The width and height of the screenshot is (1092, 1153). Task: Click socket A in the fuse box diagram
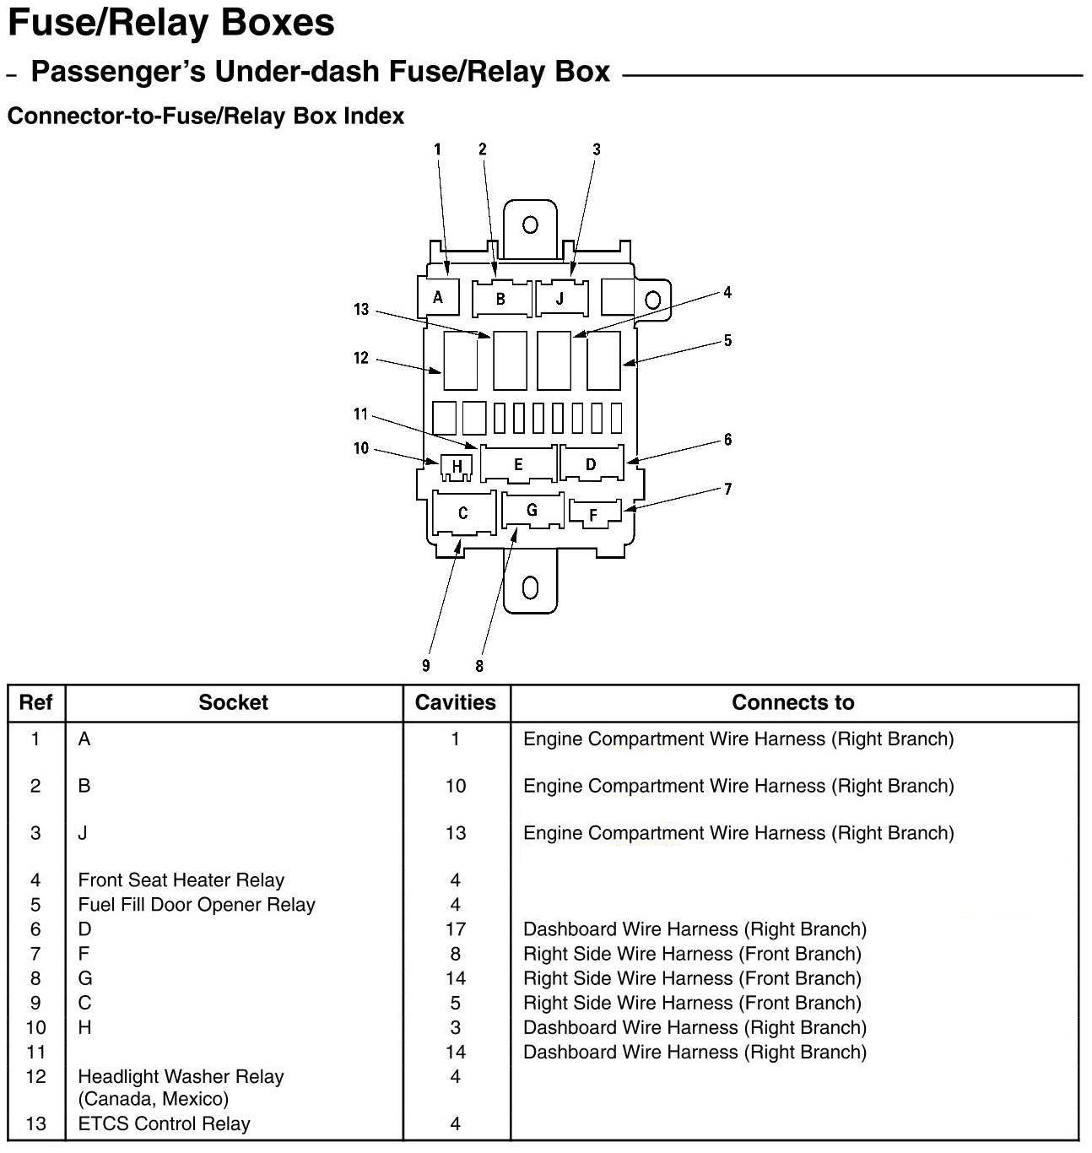(x=438, y=297)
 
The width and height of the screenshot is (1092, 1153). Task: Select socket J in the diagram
(x=561, y=299)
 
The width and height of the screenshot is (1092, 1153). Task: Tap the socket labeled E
(x=518, y=464)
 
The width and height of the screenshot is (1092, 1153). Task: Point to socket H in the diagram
(x=457, y=466)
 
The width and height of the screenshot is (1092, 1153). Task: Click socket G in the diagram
(x=532, y=510)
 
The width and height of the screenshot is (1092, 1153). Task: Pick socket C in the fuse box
(x=462, y=513)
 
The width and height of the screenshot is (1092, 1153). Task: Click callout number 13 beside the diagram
(x=361, y=310)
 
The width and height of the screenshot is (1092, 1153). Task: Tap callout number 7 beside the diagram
(x=727, y=489)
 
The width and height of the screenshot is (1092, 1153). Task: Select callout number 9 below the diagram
(x=426, y=666)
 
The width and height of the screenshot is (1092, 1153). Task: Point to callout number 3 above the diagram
(x=596, y=149)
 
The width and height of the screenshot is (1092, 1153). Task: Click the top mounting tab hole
(x=530, y=225)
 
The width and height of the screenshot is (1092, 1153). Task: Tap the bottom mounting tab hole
(x=530, y=587)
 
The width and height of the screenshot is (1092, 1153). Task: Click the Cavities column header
(x=456, y=702)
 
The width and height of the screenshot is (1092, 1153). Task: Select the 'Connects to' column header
(x=792, y=702)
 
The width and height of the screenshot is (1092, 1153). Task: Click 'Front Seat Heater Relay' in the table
(x=181, y=880)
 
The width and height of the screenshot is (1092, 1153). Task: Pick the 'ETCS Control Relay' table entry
(x=164, y=1123)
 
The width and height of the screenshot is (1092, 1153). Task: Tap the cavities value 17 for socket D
(x=456, y=929)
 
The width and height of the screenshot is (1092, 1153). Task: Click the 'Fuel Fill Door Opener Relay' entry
(x=197, y=905)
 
